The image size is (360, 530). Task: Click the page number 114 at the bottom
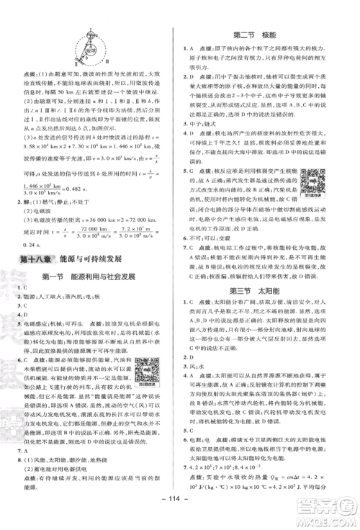tap(180, 518)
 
